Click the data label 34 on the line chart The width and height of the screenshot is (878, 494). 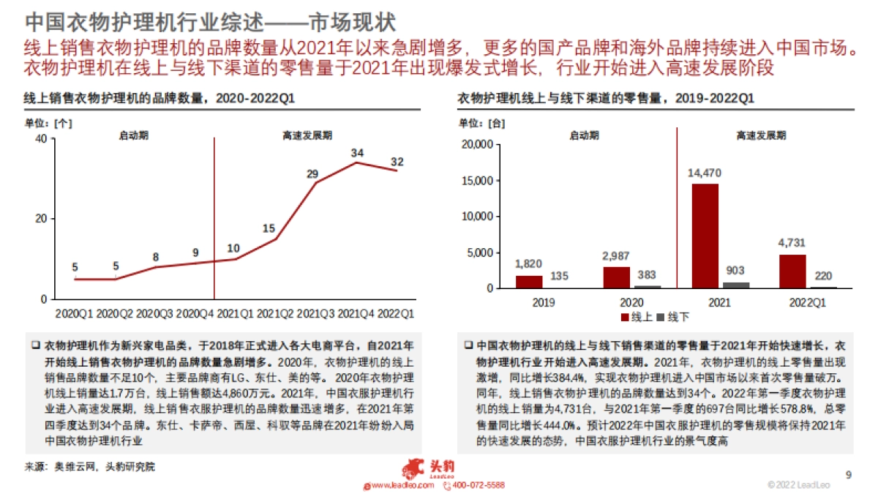357,154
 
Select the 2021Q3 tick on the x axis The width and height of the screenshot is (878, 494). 316,313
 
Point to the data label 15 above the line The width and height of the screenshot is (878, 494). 269,229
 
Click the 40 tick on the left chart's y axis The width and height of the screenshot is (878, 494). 41,139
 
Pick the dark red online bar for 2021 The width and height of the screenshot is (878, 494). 705,236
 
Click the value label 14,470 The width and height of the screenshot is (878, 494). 705,173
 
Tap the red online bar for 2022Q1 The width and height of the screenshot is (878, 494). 792,271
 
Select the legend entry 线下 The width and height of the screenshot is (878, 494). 673,318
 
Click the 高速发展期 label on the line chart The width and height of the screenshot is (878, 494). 307,135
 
